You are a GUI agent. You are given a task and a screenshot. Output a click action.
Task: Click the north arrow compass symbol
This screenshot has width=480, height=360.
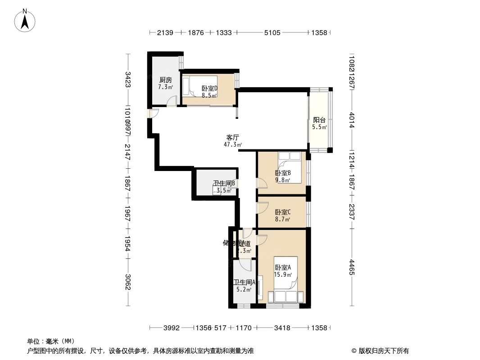coord(26,20)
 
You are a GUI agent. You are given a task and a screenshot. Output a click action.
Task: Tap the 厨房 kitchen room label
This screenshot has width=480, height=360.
coord(165,80)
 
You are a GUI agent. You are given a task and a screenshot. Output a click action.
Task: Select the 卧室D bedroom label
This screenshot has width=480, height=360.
coord(209,89)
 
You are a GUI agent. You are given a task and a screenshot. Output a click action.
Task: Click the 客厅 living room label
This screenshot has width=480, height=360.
coord(232,137)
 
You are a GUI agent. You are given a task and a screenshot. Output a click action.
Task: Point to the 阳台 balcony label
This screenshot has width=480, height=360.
coord(319,120)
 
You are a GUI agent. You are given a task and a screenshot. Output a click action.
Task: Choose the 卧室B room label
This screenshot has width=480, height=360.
coord(283,173)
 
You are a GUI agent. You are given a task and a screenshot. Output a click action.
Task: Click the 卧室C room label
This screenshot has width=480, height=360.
coord(283,212)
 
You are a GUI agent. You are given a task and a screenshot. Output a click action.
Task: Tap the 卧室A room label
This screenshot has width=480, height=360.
coord(283,267)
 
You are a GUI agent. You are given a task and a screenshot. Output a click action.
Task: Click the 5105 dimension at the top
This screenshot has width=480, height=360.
coord(272,33)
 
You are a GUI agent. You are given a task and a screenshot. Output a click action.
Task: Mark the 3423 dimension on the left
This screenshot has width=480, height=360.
coord(128,80)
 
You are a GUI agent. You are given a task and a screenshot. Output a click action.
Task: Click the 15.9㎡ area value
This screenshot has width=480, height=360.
coord(283,274)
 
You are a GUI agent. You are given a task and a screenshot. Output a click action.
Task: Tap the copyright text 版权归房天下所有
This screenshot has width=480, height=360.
coord(381,351)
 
